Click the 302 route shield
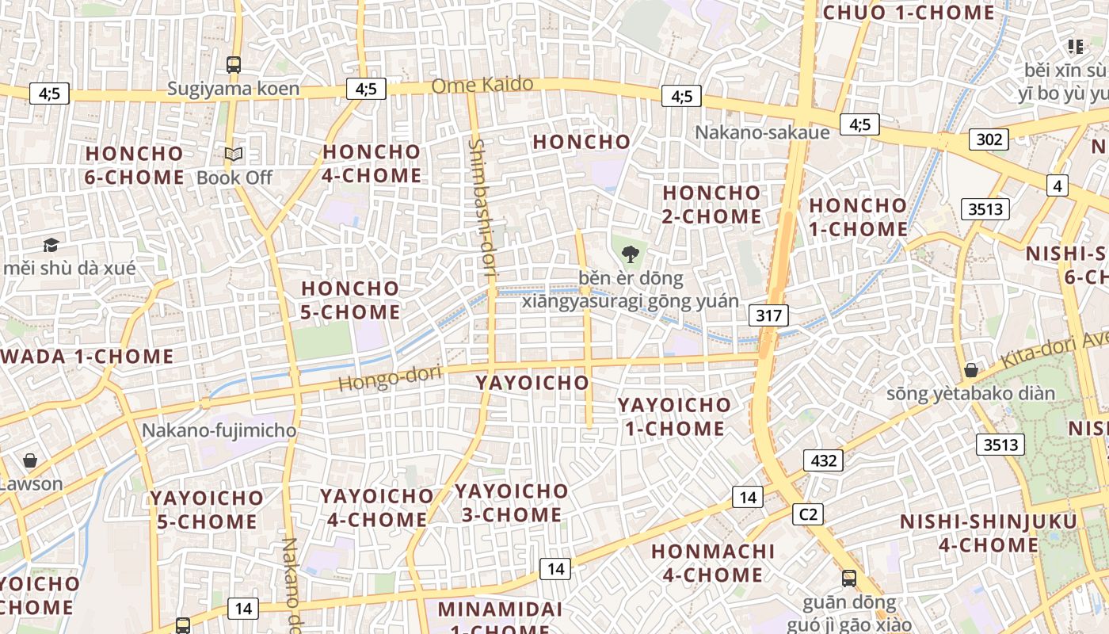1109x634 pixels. point(989,140)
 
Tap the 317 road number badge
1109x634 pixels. point(768,316)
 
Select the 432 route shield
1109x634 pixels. point(824,460)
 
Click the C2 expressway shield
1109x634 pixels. point(807,514)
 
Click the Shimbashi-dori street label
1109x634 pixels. point(482,208)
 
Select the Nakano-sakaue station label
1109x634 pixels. point(762,132)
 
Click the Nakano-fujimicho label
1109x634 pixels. point(219,431)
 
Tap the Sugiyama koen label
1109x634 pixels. point(233,88)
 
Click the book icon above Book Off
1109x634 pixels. point(234,155)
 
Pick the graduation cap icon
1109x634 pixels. point(51,245)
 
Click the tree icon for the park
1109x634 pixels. point(631,254)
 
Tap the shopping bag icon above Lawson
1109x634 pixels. point(30,460)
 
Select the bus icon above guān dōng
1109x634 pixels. point(849,578)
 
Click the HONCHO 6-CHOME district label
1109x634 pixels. point(134,165)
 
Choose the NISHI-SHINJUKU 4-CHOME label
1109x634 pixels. point(989,533)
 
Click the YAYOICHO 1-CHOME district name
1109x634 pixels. point(674,417)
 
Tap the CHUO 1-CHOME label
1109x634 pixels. point(909,13)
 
